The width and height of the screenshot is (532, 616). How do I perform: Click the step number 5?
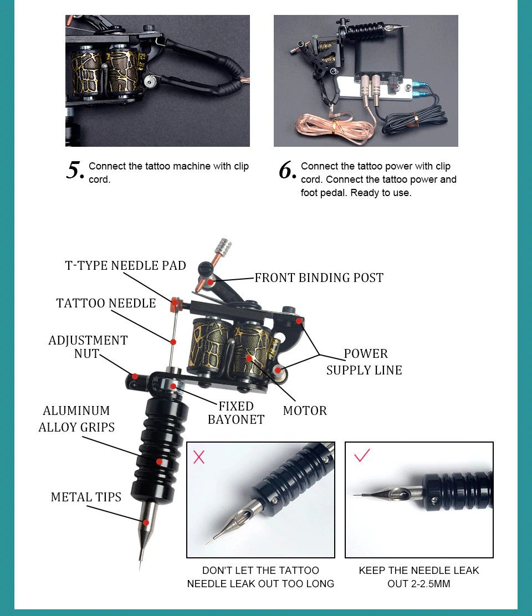pyautogui.click(x=75, y=171)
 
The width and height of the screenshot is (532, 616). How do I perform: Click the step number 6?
pyautogui.click(x=288, y=171)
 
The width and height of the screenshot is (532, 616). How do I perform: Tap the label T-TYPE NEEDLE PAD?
pyautogui.click(x=125, y=265)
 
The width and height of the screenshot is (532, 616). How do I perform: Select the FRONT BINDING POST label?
pyautogui.click(x=319, y=278)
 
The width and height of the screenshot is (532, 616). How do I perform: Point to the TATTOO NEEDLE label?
pyautogui.click(x=106, y=303)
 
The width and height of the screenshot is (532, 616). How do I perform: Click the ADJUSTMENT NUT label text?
pyautogui.click(x=88, y=347)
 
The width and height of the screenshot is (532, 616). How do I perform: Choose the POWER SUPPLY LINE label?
pyautogui.click(x=364, y=362)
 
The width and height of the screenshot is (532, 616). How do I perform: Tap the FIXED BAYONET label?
pyautogui.click(x=236, y=413)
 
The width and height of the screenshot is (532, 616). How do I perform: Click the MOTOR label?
pyautogui.click(x=305, y=411)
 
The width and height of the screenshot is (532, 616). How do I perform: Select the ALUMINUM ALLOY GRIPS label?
pyautogui.click(x=76, y=419)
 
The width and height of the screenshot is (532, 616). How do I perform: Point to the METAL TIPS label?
pyautogui.click(x=86, y=497)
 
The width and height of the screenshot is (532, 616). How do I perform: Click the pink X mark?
pyautogui.click(x=199, y=457)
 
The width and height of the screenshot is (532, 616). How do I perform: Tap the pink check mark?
pyautogui.click(x=362, y=455)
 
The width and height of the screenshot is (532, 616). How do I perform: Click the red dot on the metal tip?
pyautogui.click(x=146, y=522)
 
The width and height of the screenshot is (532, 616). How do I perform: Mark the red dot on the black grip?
pyautogui.click(x=159, y=461)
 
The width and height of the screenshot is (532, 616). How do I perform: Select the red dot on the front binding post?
pyautogui.click(x=211, y=281)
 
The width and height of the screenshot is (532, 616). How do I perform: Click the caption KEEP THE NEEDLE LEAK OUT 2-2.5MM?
pyautogui.click(x=419, y=577)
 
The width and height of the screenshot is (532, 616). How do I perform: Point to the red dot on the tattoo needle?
pyautogui.click(x=173, y=342)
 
